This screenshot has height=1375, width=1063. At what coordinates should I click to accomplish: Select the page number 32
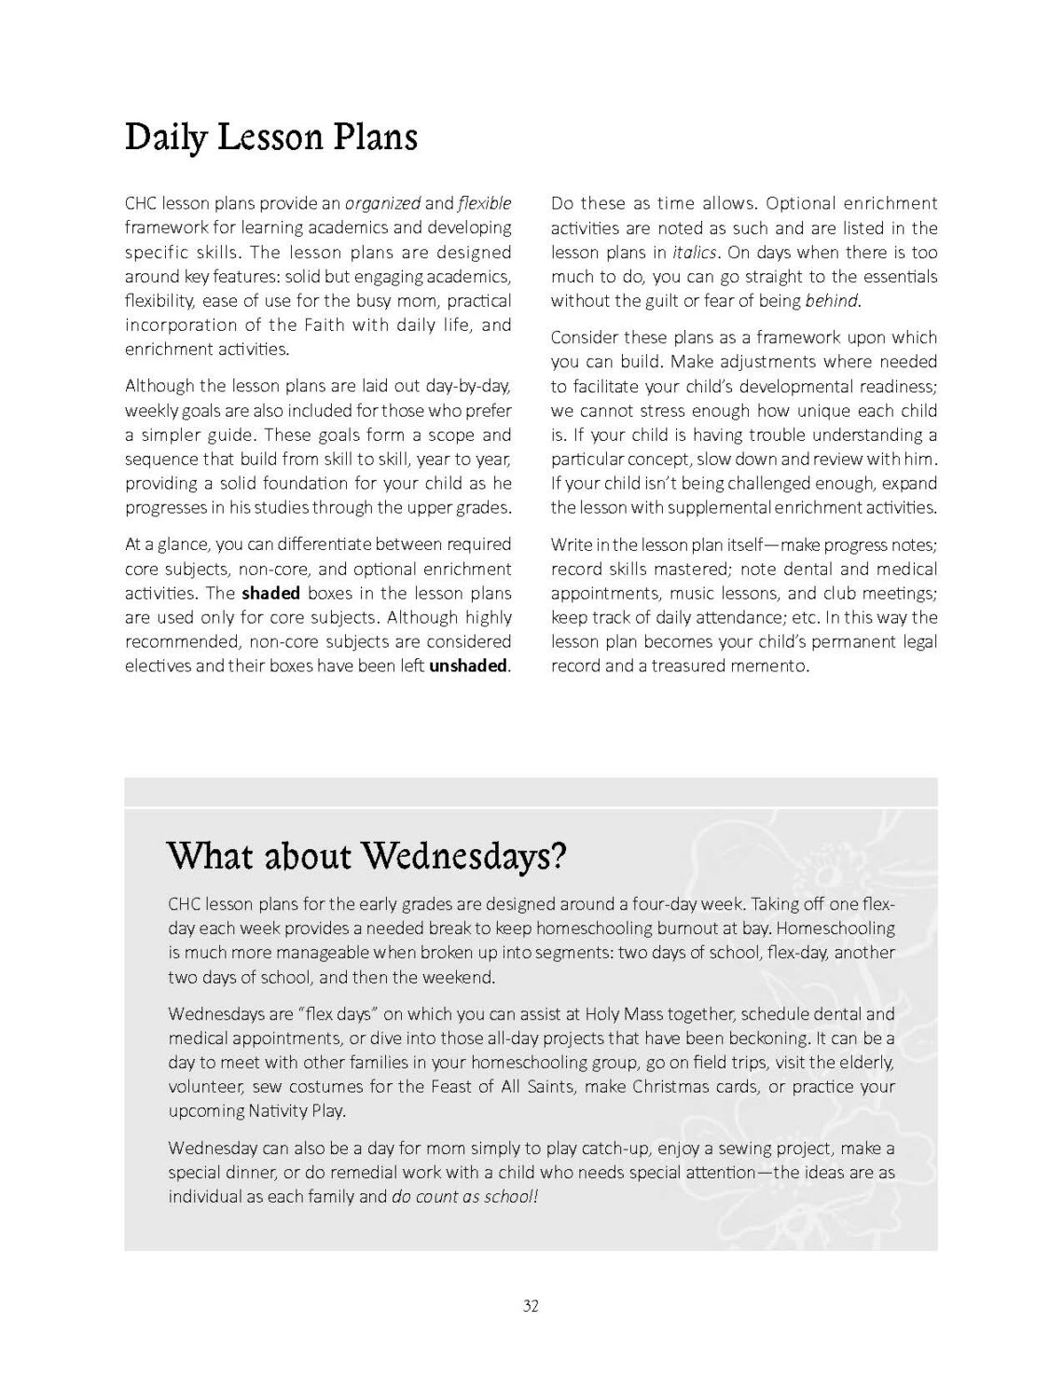pos(531,1306)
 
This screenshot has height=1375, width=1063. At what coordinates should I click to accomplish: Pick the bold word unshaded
pos(468,666)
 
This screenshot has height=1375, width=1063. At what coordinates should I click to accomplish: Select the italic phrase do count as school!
pos(464,1197)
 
